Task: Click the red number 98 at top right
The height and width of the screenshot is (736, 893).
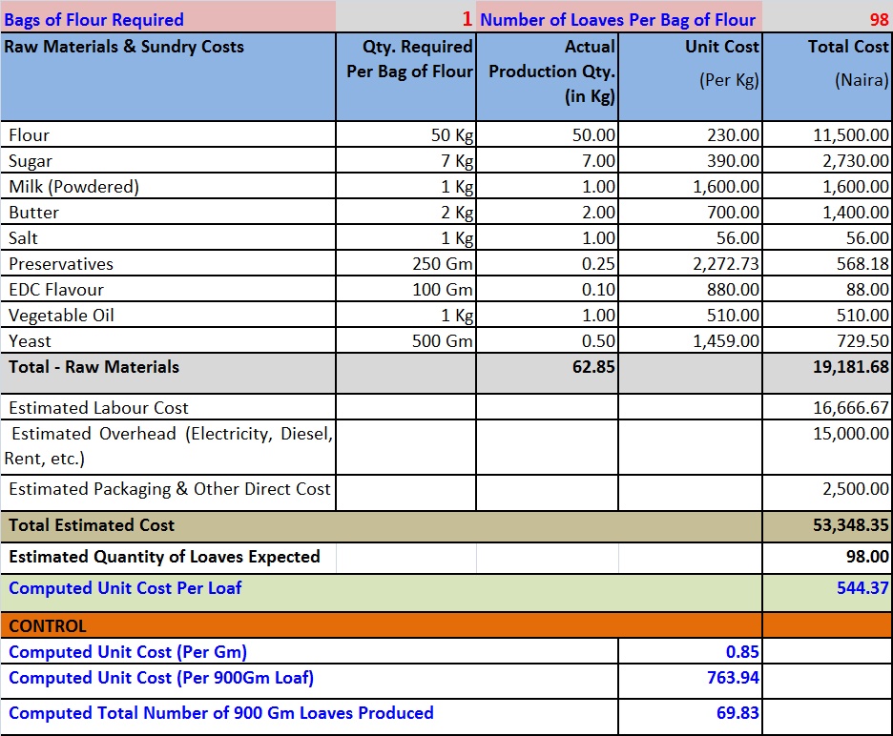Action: click(x=878, y=18)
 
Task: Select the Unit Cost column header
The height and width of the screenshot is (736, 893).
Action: click(x=721, y=47)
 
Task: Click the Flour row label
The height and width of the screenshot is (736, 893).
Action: click(x=29, y=135)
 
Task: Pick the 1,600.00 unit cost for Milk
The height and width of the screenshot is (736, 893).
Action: click(x=726, y=187)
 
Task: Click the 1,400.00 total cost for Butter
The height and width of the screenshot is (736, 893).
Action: click(x=856, y=213)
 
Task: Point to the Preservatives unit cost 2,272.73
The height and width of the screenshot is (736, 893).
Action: click(x=726, y=264)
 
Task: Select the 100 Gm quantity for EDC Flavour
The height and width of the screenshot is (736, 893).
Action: click(x=442, y=290)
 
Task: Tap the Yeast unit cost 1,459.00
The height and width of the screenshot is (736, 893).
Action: click(x=726, y=341)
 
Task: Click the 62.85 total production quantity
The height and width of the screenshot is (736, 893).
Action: click(x=592, y=366)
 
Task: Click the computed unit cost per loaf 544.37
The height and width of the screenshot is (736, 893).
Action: click(x=862, y=588)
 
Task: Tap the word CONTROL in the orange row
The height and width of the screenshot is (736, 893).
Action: click(x=48, y=626)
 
